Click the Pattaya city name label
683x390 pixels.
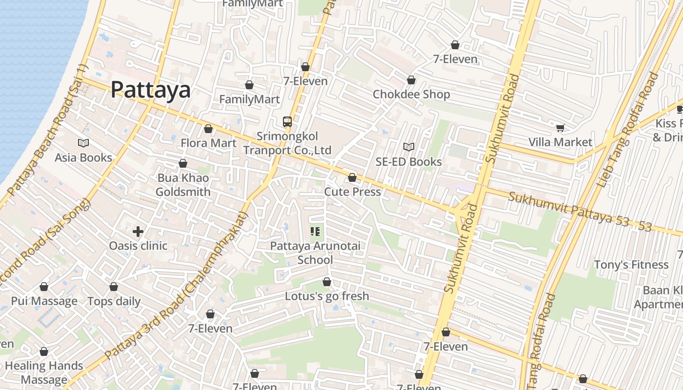pyautogui.click(x=150, y=90)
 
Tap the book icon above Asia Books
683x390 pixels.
pyautogui.click(x=83, y=143)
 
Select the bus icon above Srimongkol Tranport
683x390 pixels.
pyautogui.click(x=287, y=122)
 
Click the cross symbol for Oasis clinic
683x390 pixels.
pyautogui.click(x=138, y=232)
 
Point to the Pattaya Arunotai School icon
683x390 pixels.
pyautogui.click(x=315, y=232)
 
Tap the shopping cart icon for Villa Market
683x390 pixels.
pyautogui.click(x=560, y=128)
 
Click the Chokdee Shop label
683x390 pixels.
pyautogui.click(x=411, y=94)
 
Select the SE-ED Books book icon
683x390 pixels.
pyautogui.click(x=409, y=147)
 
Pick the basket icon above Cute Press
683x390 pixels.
pyautogui.click(x=352, y=177)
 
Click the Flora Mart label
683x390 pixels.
pyautogui.click(x=208, y=143)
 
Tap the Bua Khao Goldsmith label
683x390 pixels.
pyautogui.click(x=183, y=185)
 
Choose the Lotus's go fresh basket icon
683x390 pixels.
pyautogui.click(x=327, y=282)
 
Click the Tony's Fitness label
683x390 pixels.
pyautogui.click(x=631, y=265)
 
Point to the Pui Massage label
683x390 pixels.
pyautogui.click(x=44, y=301)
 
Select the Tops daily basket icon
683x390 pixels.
pyautogui.click(x=114, y=287)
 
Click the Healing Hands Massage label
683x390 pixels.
pyautogui.click(x=44, y=372)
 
